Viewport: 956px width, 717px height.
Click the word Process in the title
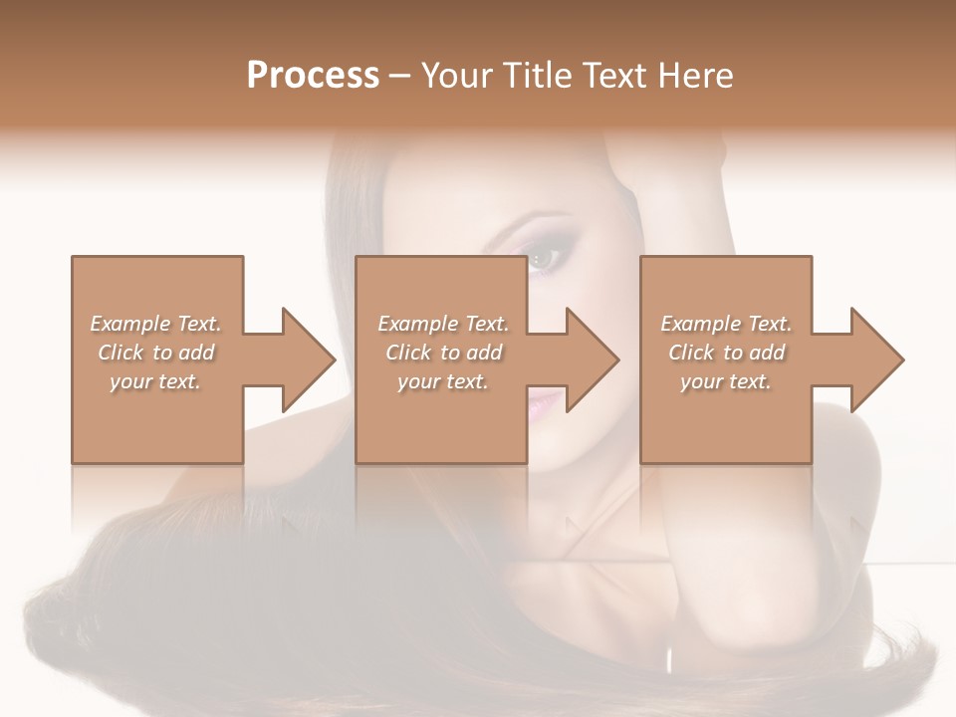click(313, 76)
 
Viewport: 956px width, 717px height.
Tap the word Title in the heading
click(535, 76)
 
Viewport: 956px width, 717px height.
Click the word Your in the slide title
click(459, 76)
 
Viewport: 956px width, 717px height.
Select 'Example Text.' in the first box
click(155, 324)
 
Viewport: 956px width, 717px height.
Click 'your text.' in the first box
click(155, 381)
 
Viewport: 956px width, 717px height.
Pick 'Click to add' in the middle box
click(443, 353)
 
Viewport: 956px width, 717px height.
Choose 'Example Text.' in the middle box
click(443, 324)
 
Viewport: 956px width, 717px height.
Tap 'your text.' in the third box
click(726, 381)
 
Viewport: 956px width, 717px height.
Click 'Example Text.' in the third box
click(726, 324)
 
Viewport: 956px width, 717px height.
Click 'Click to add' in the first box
click(155, 353)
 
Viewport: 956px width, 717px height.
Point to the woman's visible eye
click(545, 259)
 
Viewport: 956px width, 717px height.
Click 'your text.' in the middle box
click(443, 381)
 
